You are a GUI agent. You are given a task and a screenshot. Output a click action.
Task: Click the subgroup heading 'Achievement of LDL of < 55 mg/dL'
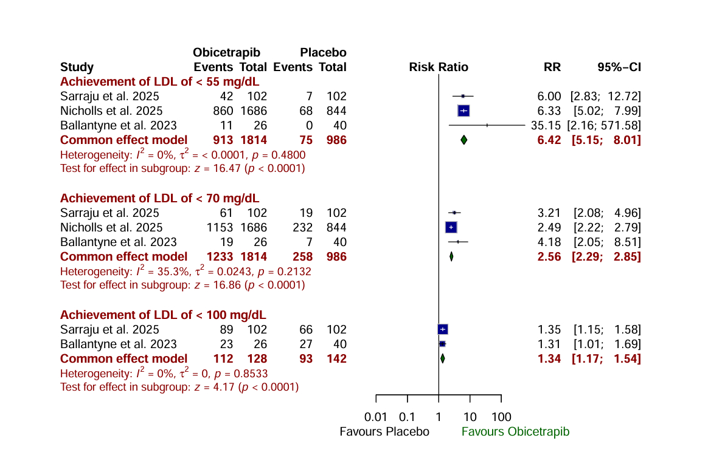click(x=159, y=81)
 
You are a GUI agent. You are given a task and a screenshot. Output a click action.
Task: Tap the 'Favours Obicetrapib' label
click(x=515, y=432)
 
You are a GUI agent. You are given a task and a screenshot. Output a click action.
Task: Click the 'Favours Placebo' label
click(x=384, y=432)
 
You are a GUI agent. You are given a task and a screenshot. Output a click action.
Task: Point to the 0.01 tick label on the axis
click(x=376, y=417)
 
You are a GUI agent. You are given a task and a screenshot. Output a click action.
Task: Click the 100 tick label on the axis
click(x=502, y=417)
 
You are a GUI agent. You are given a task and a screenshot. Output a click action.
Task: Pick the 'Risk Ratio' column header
click(x=439, y=67)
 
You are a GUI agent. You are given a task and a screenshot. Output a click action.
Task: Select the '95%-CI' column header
click(x=619, y=67)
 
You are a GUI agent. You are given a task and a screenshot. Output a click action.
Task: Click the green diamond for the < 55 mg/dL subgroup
click(x=464, y=140)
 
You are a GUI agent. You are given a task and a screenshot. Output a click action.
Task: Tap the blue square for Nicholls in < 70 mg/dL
click(x=451, y=227)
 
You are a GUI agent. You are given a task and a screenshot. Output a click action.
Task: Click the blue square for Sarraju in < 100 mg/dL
click(x=443, y=329)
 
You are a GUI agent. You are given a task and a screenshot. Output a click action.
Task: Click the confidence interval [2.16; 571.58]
click(x=604, y=125)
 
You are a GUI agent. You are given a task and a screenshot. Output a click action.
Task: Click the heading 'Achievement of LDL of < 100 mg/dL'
click(x=163, y=315)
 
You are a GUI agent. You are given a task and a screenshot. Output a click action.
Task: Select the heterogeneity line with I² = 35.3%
click(x=182, y=271)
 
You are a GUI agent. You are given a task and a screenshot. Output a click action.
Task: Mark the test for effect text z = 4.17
click(x=182, y=387)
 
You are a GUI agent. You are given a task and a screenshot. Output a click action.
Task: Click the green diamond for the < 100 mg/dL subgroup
click(x=442, y=358)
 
